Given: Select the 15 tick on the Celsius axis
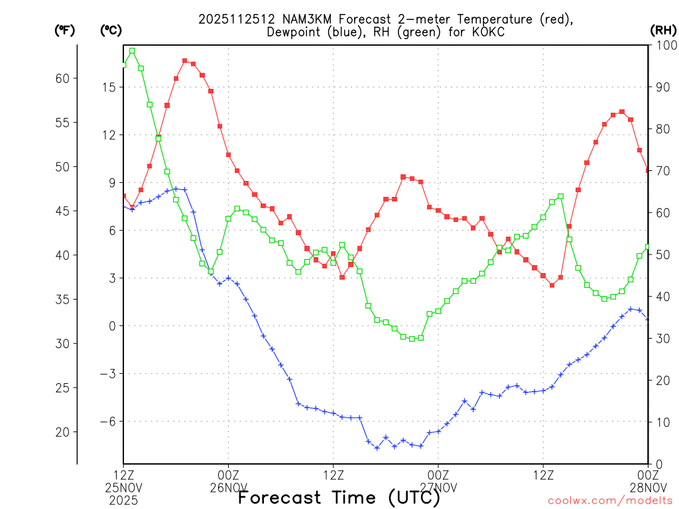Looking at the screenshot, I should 109,87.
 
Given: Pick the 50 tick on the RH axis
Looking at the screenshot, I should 661,254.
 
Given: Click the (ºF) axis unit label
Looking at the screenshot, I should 65,30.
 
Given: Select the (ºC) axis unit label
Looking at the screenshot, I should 111,30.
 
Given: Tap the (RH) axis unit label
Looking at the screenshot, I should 663,30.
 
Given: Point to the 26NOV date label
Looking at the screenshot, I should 228,488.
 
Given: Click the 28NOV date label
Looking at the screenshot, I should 647,488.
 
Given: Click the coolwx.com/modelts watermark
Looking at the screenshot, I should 610,500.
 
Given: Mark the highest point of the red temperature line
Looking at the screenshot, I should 185,61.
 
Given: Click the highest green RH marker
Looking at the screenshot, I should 133,50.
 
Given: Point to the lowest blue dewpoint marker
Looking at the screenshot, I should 377,448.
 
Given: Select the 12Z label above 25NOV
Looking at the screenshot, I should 123,475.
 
